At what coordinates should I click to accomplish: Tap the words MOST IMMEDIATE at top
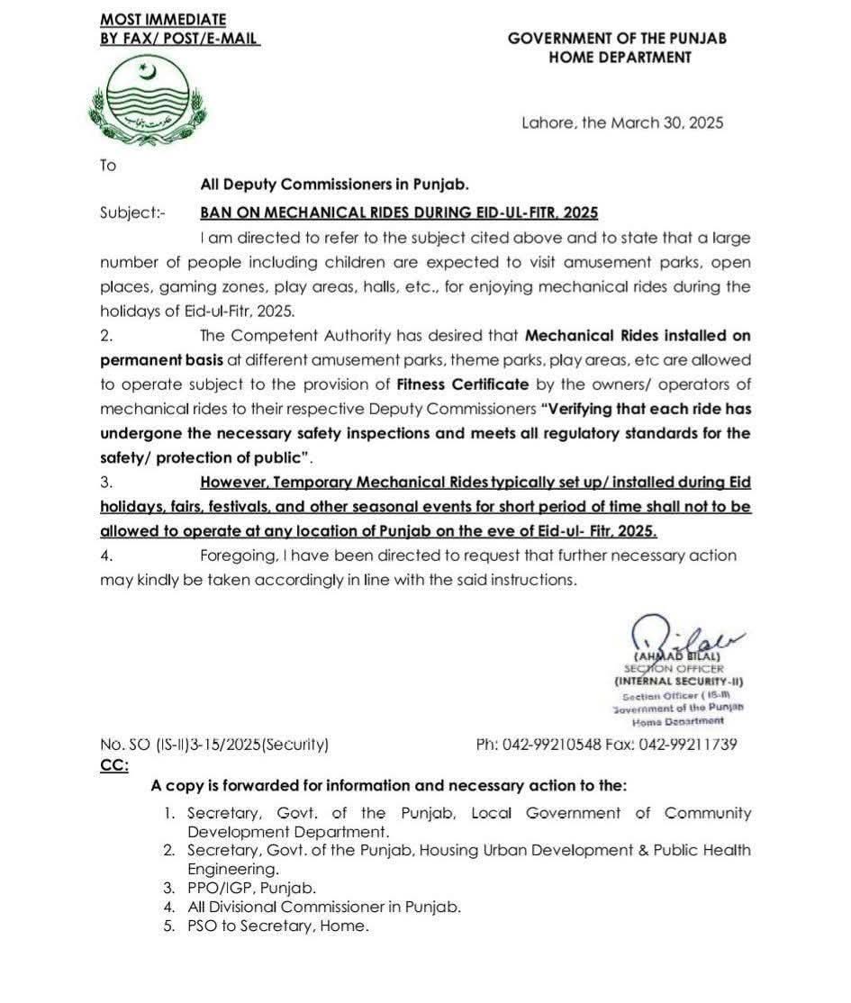click(163, 19)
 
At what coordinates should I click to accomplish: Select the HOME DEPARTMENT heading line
click(620, 58)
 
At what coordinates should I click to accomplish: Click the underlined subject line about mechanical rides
click(399, 213)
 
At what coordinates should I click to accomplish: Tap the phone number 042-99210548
click(556, 745)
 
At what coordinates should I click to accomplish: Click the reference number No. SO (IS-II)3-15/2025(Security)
click(214, 745)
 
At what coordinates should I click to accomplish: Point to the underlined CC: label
click(113, 764)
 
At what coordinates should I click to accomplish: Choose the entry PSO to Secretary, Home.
click(277, 926)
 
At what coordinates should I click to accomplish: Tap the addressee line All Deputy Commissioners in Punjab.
click(334, 185)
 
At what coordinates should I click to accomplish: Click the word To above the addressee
click(108, 166)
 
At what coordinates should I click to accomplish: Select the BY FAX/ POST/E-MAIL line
click(179, 39)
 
